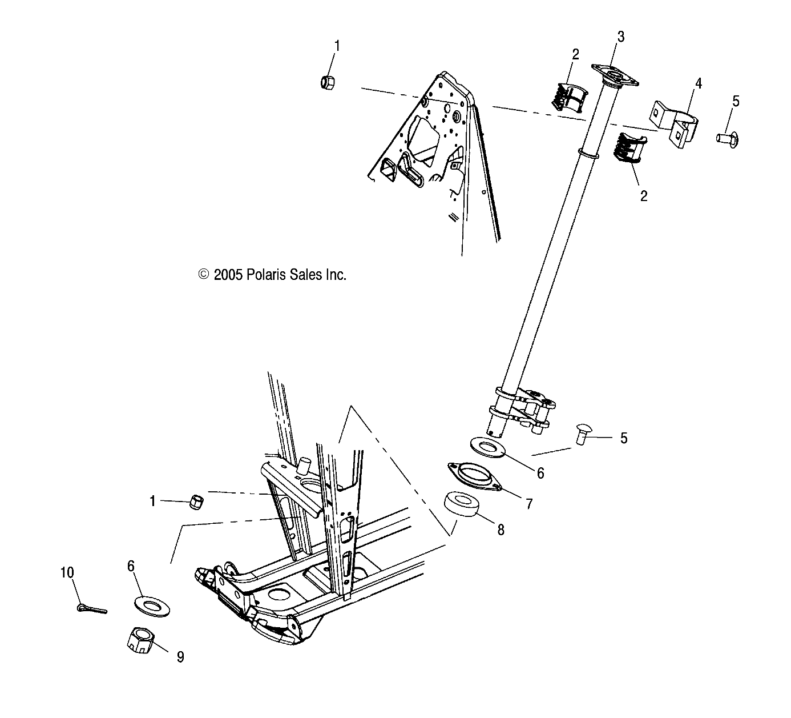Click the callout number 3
[620, 37]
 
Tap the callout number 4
[698, 83]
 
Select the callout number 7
[529, 504]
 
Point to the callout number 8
[501, 530]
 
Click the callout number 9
[180, 657]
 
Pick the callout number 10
[67, 572]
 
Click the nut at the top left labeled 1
[328, 82]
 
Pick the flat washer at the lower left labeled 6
[151, 603]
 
